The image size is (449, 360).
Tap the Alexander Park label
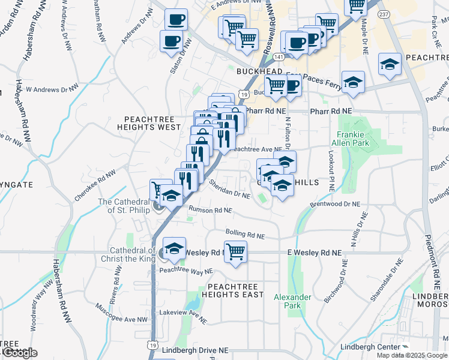point(292,301)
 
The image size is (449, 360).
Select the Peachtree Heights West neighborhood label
point(152,123)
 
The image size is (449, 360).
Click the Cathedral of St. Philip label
point(124,206)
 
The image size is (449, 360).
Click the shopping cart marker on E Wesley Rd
point(236,253)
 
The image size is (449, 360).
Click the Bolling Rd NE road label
point(245,232)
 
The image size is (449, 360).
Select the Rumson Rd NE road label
point(210,210)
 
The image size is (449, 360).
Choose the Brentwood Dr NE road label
point(335,205)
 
